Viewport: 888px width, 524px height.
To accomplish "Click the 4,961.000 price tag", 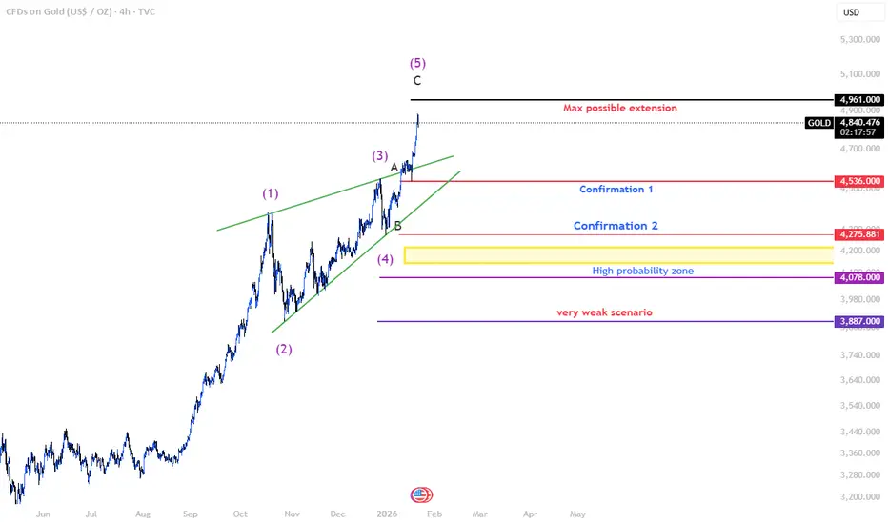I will pos(858,99).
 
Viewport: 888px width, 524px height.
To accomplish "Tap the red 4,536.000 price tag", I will pos(858,180).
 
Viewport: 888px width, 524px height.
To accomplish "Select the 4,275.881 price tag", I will pos(858,234).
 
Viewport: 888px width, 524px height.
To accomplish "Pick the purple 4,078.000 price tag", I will pos(858,277).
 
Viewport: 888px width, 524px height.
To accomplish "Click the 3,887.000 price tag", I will pos(858,322).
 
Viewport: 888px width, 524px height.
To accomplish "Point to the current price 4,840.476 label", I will pos(858,122).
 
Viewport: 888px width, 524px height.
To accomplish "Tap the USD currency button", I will pos(851,12).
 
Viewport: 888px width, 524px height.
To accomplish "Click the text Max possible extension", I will pos(619,108).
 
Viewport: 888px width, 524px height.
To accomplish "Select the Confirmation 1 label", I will pos(616,189).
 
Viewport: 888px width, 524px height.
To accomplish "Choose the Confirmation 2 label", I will pos(615,226).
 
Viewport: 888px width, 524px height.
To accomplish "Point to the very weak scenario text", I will pos(604,312).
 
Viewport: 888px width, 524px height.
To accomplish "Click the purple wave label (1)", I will pos(271,193).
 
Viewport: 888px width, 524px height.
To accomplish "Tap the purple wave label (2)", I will pos(284,349).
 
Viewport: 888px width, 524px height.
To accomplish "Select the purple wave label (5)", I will pos(417,63).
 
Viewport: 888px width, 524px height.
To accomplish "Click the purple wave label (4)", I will pos(385,258).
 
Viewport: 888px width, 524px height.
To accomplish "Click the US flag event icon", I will pos(420,494).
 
